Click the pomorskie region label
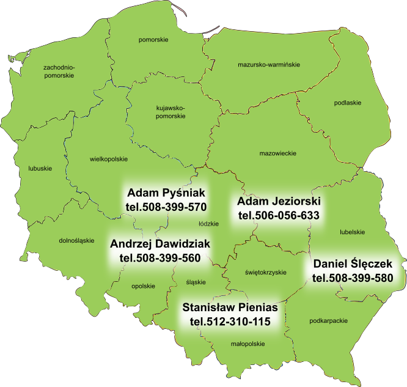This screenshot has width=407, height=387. click(153, 40)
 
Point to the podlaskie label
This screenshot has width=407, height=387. click(347, 103)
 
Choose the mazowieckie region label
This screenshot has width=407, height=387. click(277, 153)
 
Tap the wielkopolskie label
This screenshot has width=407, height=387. click(108, 159)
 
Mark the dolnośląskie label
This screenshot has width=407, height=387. click(76, 240)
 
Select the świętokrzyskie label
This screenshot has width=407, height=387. click(265, 272)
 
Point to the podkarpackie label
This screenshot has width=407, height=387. click(329, 320)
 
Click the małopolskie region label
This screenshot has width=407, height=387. click(248, 344)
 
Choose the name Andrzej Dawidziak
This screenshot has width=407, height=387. click(160, 244)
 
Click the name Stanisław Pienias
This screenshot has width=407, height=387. click(230, 307)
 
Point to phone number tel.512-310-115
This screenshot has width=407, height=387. click(230, 321)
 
